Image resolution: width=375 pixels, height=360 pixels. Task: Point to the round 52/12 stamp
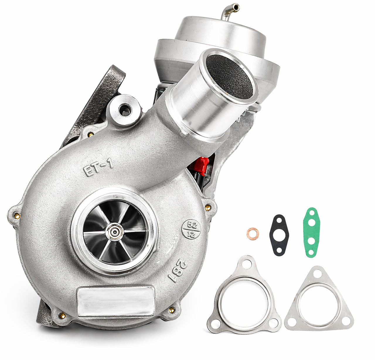click(x=191, y=229)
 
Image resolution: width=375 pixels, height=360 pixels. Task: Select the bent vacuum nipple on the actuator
click(x=230, y=11)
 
